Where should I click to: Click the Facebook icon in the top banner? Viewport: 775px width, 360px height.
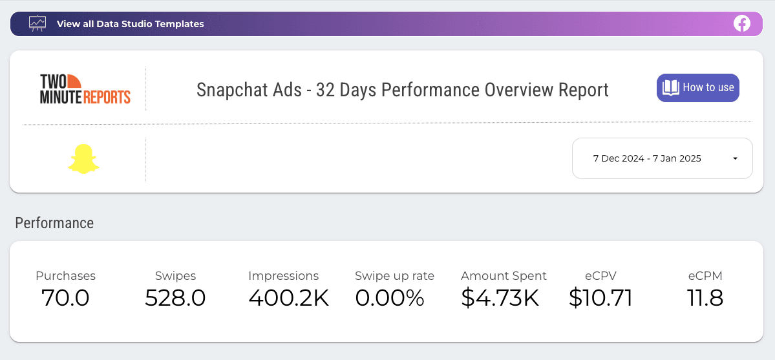click(x=742, y=24)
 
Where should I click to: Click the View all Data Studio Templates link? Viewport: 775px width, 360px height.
click(x=130, y=24)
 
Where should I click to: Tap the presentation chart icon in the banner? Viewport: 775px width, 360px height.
click(x=38, y=23)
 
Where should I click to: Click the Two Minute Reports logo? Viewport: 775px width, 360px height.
click(x=85, y=89)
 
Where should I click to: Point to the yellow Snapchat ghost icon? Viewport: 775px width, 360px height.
click(x=83, y=159)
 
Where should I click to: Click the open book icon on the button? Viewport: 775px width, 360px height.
click(x=671, y=88)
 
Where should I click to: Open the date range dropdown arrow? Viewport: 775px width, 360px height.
click(x=735, y=158)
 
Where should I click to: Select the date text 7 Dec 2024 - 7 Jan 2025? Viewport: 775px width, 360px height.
click(x=647, y=158)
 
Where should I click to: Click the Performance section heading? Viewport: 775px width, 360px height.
click(x=54, y=223)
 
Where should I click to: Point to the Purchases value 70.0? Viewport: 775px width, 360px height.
click(x=65, y=298)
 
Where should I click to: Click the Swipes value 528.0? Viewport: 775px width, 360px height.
click(x=175, y=298)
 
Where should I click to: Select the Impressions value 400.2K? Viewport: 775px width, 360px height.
click(x=289, y=298)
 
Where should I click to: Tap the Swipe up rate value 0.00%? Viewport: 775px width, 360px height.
click(x=390, y=298)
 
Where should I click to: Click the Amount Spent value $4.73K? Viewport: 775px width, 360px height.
click(x=500, y=298)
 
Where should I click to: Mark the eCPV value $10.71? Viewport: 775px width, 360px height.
click(x=600, y=298)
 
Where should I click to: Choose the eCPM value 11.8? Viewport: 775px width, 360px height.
click(x=705, y=298)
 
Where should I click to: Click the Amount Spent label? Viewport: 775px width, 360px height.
click(x=504, y=276)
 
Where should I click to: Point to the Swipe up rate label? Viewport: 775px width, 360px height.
click(x=394, y=276)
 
